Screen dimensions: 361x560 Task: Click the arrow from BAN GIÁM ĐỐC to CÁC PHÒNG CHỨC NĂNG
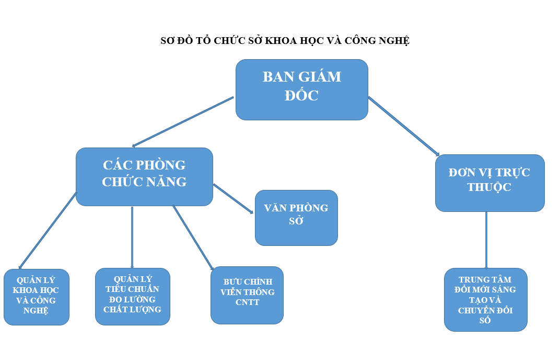click(183, 121)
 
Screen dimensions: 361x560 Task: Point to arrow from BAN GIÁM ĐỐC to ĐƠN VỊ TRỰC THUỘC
click(403, 126)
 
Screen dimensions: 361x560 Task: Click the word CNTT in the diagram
click(247, 302)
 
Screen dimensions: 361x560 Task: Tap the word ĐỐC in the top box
click(301, 96)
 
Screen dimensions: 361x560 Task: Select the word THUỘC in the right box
click(489, 187)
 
